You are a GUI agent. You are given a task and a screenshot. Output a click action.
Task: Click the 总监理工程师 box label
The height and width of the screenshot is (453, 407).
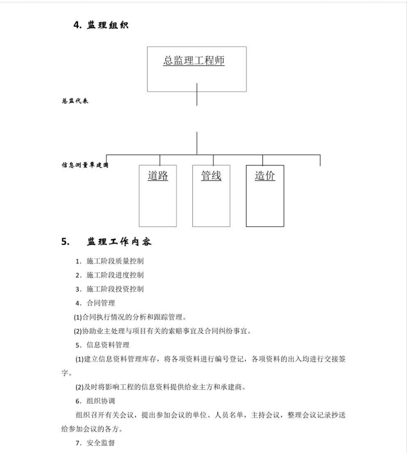pyautogui.click(x=194, y=61)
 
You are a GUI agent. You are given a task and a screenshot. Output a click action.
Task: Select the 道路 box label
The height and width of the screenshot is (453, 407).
pyautogui.click(x=158, y=176)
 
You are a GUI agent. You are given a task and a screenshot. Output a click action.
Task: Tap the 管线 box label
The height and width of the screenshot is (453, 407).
pyautogui.click(x=211, y=176)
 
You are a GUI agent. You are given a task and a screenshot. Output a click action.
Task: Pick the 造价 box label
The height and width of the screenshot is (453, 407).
pyautogui.click(x=265, y=176)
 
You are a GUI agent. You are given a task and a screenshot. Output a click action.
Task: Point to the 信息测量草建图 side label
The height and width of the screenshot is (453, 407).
pyautogui.click(x=85, y=166)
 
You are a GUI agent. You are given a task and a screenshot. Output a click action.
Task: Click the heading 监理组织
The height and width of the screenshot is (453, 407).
pyautogui.click(x=108, y=26)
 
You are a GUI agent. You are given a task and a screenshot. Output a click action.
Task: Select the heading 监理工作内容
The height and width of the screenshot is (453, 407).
pyautogui.click(x=119, y=242)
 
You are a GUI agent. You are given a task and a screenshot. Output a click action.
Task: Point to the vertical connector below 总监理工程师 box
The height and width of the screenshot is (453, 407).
pyautogui.click(x=197, y=95)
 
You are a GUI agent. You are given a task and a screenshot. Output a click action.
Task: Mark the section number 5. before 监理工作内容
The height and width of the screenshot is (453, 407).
pyautogui.click(x=65, y=242)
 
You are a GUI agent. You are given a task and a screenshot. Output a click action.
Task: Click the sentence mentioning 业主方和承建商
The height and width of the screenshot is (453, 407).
pyautogui.click(x=160, y=387)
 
